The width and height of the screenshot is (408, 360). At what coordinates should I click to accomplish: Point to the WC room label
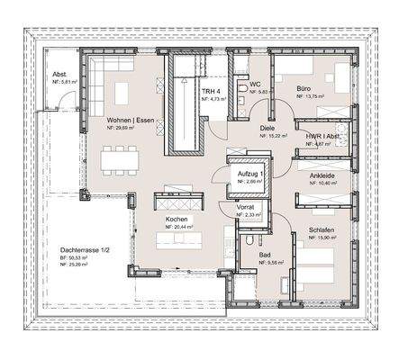(x=255, y=84)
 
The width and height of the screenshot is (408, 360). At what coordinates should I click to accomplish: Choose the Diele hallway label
(x=266, y=128)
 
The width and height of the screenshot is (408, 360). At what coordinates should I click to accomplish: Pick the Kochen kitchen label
(x=177, y=218)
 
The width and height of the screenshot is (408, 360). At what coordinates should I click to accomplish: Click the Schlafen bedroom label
(x=320, y=229)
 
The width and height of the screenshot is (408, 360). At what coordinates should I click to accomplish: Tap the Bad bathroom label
(x=265, y=255)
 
